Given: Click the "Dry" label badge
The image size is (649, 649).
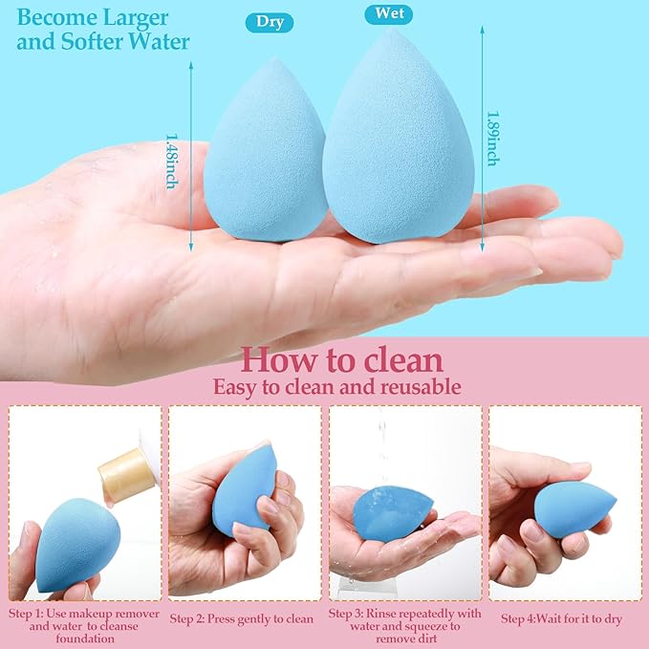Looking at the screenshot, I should [x=270, y=22].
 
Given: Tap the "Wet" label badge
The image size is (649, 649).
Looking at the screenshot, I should [x=389, y=14].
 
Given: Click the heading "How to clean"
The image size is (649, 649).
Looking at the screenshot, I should [x=341, y=360].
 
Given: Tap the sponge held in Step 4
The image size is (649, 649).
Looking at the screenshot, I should [x=574, y=509].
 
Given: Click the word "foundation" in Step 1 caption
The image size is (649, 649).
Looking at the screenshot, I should [x=82, y=640].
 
